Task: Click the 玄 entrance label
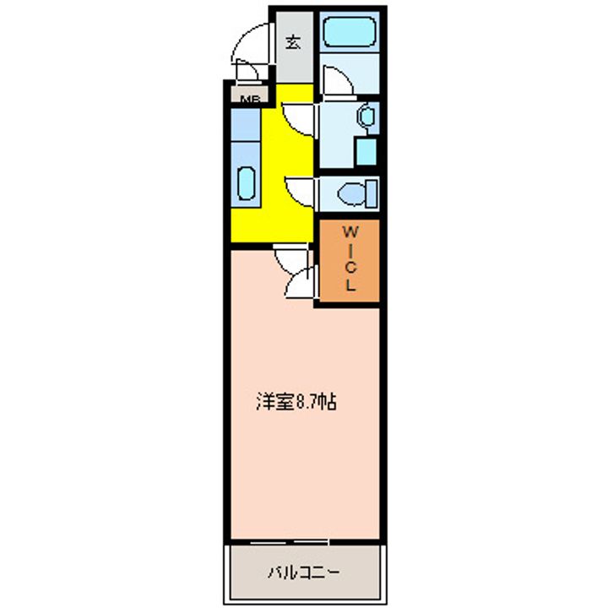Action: pyautogui.click(x=292, y=42)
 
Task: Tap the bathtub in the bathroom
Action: pyautogui.click(x=350, y=32)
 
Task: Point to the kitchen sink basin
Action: pyautogui.click(x=247, y=182)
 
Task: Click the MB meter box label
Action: pyautogui.click(x=247, y=100)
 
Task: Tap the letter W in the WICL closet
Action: pyautogui.click(x=350, y=231)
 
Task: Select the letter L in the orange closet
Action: pyautogui.click(x=350, y=285)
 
